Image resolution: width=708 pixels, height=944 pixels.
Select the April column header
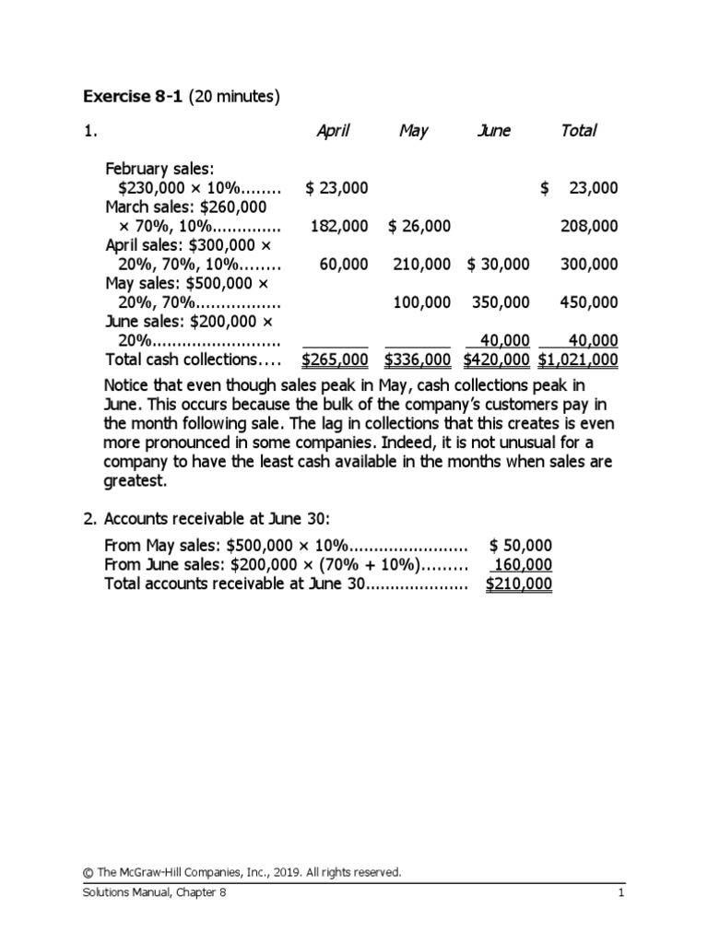coord(333,131)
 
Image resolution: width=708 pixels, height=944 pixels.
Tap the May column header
coord(413,131)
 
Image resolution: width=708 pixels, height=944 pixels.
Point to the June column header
coord(494,131)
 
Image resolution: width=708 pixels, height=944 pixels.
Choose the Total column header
coord(578,131)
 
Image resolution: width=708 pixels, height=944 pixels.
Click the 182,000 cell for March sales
coord(339,226)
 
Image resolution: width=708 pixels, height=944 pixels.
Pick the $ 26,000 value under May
coord(419,226)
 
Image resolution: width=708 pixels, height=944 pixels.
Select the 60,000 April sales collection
coord(344,265)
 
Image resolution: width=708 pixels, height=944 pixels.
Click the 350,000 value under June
coord(501,302)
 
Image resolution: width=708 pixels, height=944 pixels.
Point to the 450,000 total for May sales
coord(589,302)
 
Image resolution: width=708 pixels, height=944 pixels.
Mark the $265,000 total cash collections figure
coord(336,360)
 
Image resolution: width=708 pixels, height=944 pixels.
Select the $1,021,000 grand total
coord(578,360)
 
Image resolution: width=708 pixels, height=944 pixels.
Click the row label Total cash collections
coord(193,360)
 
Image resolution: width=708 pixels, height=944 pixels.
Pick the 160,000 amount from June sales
coord(524,565)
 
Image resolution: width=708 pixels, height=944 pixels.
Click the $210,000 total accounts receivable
coord(519,584)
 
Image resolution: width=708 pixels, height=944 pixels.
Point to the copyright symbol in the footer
coord(88,872)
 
